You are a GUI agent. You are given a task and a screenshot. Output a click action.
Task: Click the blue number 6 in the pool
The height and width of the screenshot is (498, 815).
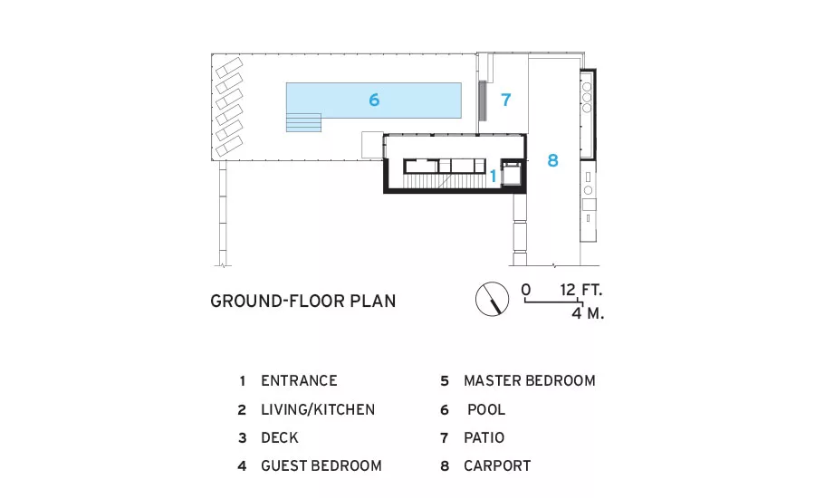pyautogui.click(x=374, y=100)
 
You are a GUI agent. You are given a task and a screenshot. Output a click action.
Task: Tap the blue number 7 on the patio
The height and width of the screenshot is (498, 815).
pyautogui.click(x=505, y=100)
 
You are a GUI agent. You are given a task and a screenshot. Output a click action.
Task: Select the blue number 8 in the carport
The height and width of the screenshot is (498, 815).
pyautogui.click(x=552, y=160)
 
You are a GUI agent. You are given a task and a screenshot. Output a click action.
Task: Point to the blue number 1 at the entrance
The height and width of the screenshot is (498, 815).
pyautogui.click(x=494, y=177)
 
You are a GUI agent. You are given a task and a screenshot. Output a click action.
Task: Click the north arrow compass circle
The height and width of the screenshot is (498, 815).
pyautogui.click(x=492, y=299)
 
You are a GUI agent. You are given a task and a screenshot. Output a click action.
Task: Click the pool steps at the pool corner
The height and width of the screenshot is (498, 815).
pyautogui.click(x=303, y=122)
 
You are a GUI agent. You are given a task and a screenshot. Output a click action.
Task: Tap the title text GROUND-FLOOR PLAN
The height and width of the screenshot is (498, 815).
pyautogui.click(x=303, y=301)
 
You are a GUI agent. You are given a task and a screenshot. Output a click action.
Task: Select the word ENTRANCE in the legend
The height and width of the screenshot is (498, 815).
pyautogui.click(x=299, y=380)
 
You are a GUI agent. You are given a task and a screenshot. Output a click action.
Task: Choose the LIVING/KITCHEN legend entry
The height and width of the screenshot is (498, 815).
pyautogui.click(x=318, y=409)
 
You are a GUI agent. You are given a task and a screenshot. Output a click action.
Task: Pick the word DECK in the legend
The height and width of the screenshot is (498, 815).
pyautogui.click(x=280, y=437)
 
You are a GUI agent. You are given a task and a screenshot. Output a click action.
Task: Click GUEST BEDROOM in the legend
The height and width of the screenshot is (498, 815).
pyautogui.click(x=321, y=465)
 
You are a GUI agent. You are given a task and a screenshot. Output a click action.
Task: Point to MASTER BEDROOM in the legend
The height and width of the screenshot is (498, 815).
pyautogui.click(x=530, y=380)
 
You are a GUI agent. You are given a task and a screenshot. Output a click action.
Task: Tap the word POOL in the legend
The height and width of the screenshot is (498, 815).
pyautogui.click(x=486, y=409)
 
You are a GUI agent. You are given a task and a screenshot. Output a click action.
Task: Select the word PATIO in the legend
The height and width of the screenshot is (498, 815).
pyautogui.click(x=484, y=437)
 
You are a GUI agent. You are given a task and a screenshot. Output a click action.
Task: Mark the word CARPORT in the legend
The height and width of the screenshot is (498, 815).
pyautogui.click(x=497, y=465)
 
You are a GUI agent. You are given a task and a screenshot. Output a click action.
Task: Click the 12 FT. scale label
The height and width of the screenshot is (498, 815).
pyautogui.click(x=581, y=290)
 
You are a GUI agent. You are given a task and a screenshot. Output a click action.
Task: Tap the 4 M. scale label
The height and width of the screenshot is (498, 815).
pyautogui.click(x=588, y=313)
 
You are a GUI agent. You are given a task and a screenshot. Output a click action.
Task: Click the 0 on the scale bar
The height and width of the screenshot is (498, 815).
pyautogui.click(x=526, y=290)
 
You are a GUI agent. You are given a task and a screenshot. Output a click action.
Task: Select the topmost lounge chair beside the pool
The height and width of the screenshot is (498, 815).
pyautogui.click(x=229, y=68)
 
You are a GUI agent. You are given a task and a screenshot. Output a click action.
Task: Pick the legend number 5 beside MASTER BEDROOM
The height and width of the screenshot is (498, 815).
pyautogui.click(x=445, y=381)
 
